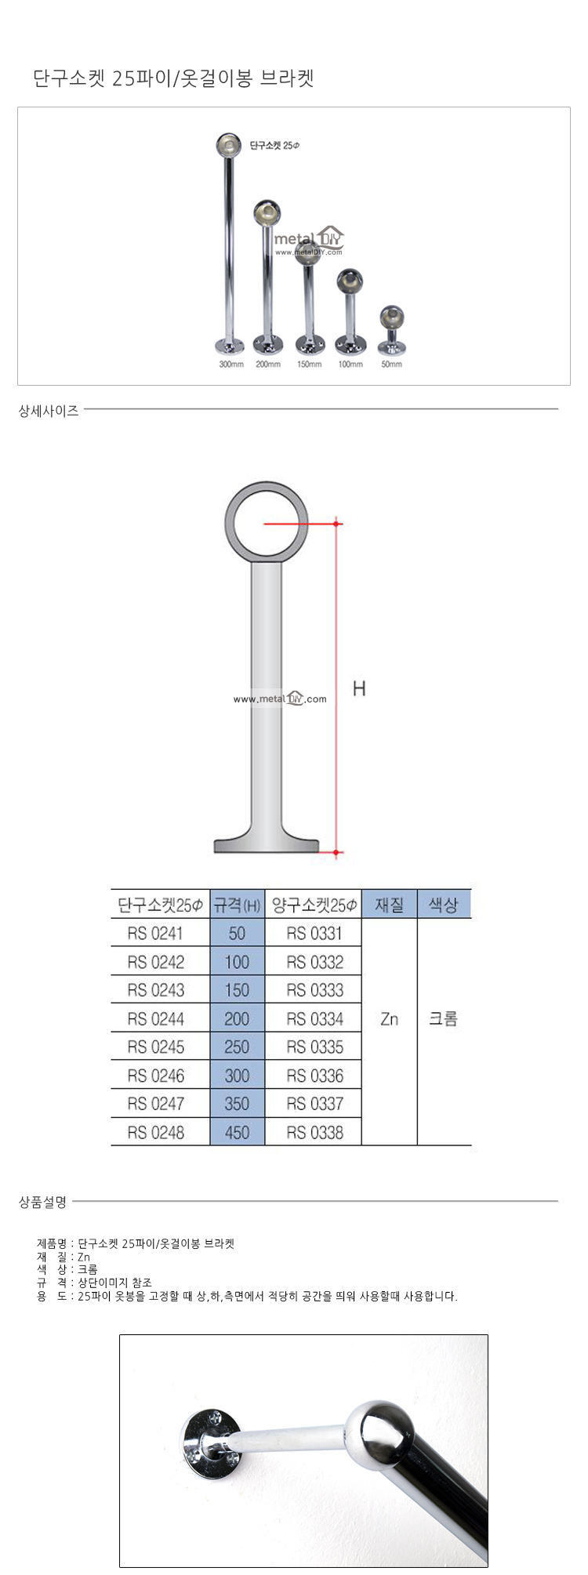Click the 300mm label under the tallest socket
click(231, 365)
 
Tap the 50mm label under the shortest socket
click(391, 365)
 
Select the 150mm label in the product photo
click(309, 365)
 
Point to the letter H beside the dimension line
click(359, 688)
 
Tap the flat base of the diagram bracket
click(267, 846)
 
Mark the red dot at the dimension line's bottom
click(337, 852)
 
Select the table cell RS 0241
click(155, 934)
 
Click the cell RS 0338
click(314, 1132)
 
